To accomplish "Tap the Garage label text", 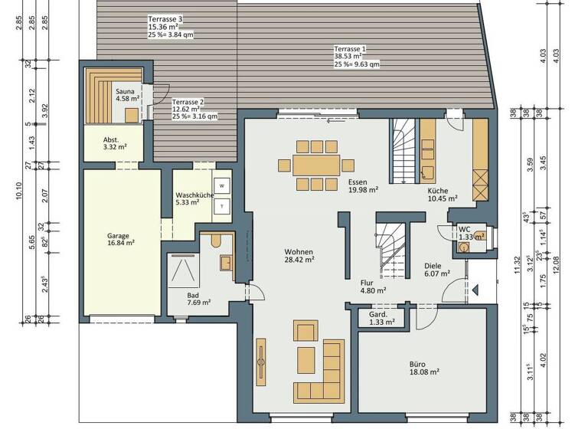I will [x=118, y=236].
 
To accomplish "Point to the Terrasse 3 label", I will [x=165, y=18].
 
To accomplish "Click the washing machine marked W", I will [x=222, y=185].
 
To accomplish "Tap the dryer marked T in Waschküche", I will [x=222, y=205].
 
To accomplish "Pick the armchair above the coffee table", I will [x=305, y=332].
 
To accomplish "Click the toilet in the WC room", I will [x=479, y=235].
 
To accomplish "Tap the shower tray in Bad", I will [x=182, y=270].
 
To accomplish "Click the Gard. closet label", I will [x=378, y=314].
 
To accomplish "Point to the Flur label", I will [x=367, y=282].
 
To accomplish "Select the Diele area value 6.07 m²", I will [x=436, y=273].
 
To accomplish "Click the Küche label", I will [x=439, y=191].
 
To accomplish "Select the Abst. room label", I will [x=112, y=140].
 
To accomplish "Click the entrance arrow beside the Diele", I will [x=475, y=290].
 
